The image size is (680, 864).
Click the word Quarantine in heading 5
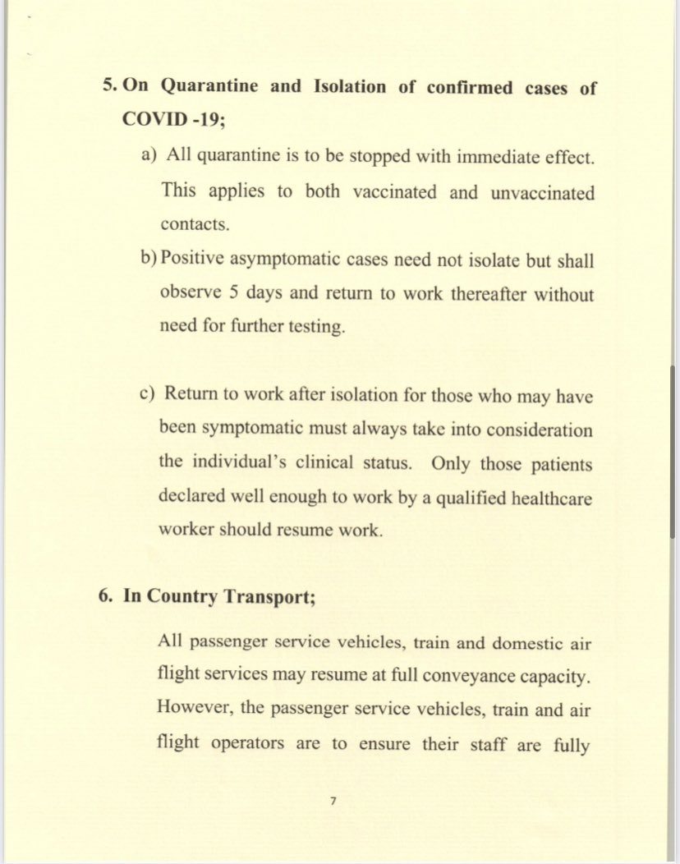pyautogui.click(x=209, y=87)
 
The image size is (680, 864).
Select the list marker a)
pyautogui.click(x=149, y=156)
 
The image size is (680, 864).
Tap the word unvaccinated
pyautogui.click(x=543, y=192)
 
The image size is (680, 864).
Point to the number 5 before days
pyautogui.click(x=234, y=293)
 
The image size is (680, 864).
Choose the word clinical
pyautogui.click(x=330, y=462)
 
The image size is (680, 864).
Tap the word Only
pyautogui.click(x=450, y=462)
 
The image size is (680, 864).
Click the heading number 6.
pyautogui.click(x=104, y=596)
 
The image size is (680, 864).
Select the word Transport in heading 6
pyautogui.click(x=271, y=596)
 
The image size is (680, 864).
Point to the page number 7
pyautogui.click(x=333, y=799)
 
